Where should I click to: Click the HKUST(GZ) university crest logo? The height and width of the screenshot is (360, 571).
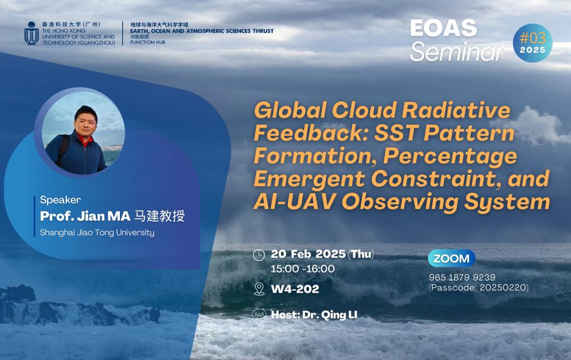click(x=31, y=33)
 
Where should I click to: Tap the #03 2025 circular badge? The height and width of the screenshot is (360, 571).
click(x=533, y=43)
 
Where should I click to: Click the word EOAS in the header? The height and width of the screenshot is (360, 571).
click(x=443, y=28)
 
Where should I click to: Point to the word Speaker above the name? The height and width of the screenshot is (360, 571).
click(x=60, y=200)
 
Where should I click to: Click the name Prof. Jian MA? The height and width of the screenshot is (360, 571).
click(x=85, y=216)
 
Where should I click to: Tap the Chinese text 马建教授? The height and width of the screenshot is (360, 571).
click(x=159, y=216)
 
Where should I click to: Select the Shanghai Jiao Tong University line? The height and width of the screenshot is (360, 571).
click(x=97, y=232)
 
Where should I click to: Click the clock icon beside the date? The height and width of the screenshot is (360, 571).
click(x=259, y=255)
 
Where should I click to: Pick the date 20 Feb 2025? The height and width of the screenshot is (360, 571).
click(x=308, y=254)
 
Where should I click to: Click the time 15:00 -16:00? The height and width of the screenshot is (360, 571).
click(x=303, y=269)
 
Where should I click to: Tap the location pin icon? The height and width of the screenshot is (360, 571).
click(x=259, y=289)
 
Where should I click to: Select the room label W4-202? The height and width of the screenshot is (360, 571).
click(x=295, y=289)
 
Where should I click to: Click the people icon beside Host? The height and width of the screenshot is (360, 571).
click(x=259, y=314)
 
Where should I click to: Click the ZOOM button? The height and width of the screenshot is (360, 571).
click(x=452, y=259)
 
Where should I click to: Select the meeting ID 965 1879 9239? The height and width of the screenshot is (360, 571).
click(x=462, y=278)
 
